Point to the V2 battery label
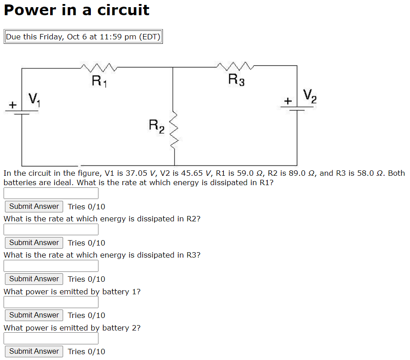pos(309,96)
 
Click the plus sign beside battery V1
pos(13,105)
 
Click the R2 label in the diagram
pos(157,126)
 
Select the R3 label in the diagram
pos(236,80)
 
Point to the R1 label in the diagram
pos(98,82)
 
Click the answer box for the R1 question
pos(51,193)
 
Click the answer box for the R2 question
pos(51,229)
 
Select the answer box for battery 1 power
pos(51,302)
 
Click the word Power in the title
pos(30,10)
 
